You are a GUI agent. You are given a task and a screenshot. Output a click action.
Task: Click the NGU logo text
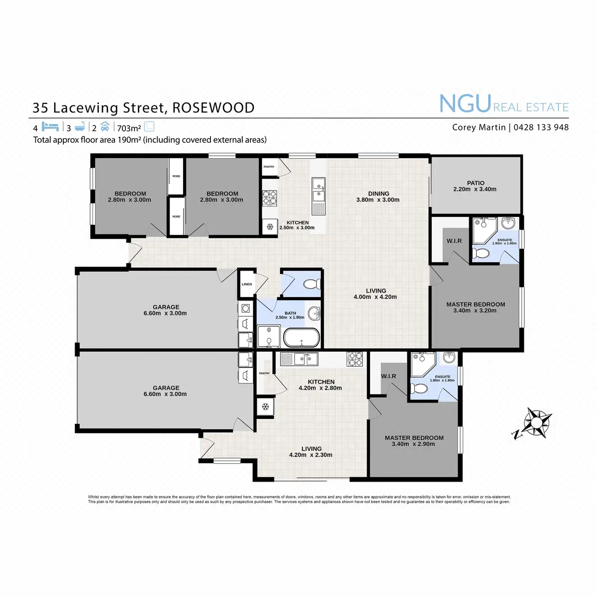465,103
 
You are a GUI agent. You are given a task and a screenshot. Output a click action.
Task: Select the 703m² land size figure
129,128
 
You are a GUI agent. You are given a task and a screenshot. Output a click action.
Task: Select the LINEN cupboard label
247,285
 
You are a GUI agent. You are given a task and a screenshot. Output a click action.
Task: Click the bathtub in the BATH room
301,338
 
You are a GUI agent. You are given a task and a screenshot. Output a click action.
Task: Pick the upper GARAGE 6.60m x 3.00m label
166,310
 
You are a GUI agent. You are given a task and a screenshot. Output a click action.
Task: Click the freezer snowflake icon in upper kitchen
270,227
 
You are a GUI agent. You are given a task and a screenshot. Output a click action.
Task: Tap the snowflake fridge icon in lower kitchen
265,406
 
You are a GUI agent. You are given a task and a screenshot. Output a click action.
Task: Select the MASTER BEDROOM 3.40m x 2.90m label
414,441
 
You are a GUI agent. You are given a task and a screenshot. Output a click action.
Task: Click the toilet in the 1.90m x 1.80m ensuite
481,254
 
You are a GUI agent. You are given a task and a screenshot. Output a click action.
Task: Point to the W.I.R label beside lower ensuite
389,376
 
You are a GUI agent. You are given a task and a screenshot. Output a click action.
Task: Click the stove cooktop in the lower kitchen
355,358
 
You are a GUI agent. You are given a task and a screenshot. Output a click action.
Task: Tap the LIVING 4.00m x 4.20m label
376,294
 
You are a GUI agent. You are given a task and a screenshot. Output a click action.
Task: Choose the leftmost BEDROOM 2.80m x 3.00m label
130,197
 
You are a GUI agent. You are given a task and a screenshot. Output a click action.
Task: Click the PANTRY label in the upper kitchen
269,167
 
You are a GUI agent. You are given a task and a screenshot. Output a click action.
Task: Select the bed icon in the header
50,127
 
